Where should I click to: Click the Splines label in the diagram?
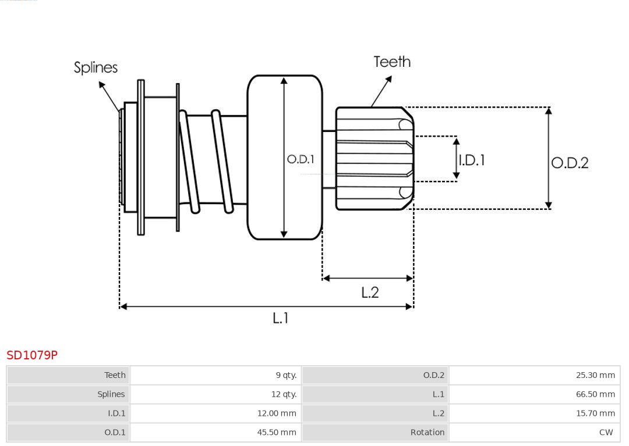coord(96,67)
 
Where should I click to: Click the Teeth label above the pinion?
coord(392,62)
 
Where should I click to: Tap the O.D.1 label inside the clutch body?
coord(301,159)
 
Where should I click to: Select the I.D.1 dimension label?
coord(472,160)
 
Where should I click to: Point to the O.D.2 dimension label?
coord(570,163)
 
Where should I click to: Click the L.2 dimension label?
coord(370,292)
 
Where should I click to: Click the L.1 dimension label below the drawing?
coord(281,317)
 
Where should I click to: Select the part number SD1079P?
coord(32,355)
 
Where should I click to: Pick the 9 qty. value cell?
coord(286,375)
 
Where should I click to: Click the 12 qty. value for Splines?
coord(284,394)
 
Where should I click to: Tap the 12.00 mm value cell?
coord(277,413)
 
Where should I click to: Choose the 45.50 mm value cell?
coord(277,432)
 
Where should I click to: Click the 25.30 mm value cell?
coord(595,375)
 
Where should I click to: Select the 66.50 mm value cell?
coord(595,394)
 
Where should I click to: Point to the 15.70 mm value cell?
coord(595,413)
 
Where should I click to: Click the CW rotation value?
coord(606,432)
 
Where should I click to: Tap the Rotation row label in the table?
coord(427,432)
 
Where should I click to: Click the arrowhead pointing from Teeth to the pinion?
coord(373,105)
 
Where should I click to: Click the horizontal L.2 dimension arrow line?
coord(367,279)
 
